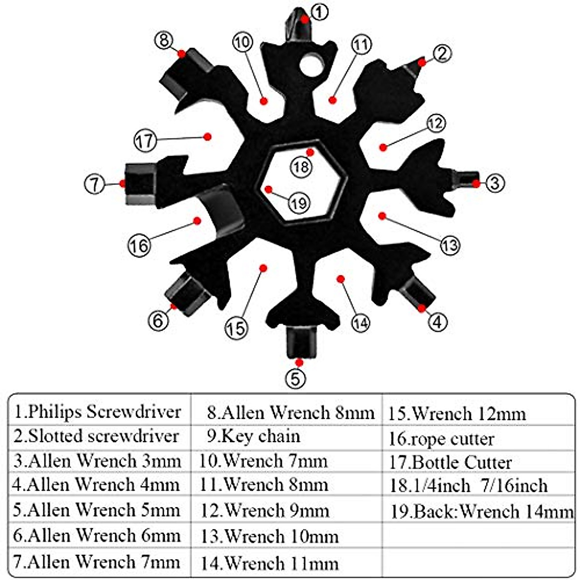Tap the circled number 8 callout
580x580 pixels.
(x=164, y=40)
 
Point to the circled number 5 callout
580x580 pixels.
(x=296, y=377)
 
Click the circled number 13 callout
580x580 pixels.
(x=449, y=245)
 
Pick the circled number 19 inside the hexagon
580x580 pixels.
(x=299, y=203)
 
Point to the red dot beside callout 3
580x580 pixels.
(x=476, y=183)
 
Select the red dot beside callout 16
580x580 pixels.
(x=197, y=220)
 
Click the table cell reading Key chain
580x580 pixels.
(x=254, y=436)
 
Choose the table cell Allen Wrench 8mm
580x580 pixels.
(x=290, y=413)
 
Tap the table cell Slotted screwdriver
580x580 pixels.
(x=96, y=436)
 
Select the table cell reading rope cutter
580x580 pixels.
(x=442, y=439)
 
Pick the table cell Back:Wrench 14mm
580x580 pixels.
(x=481, y=511)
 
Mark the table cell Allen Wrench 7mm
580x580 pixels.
(x=97, y=562)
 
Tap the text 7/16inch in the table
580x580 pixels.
(x=514, y=486)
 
